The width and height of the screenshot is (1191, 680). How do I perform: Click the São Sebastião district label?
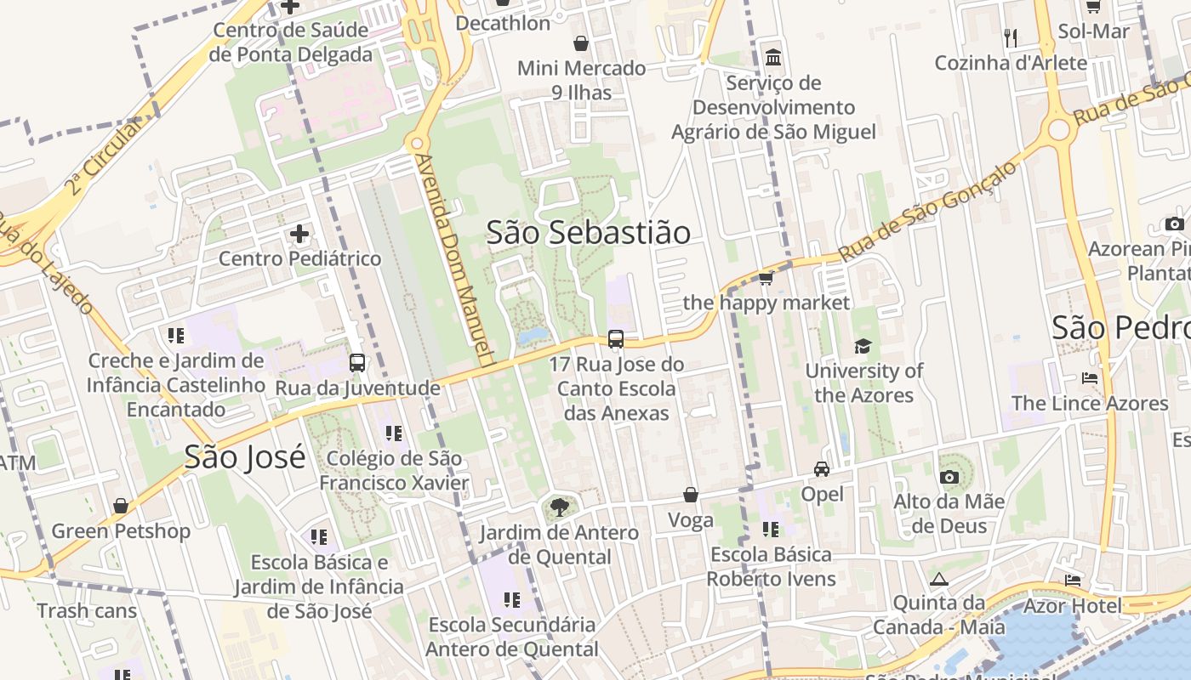coord(588,232)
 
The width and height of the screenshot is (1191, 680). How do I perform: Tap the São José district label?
coord(244,457)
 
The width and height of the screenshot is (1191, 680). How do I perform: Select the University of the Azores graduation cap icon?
coord(863,346)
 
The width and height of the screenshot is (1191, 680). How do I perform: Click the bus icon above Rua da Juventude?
coord(357,363)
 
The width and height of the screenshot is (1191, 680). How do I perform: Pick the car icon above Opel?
coord(822,468)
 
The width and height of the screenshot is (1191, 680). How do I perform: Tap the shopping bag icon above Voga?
coord(691,495)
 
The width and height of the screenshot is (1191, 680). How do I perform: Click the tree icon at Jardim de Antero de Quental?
coord(559,508)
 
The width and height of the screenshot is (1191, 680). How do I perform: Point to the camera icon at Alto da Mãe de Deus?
coord(949,477)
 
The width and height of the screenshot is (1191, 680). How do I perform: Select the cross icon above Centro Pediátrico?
coord(299,233)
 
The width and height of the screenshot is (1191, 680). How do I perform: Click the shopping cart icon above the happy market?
coord(766,278)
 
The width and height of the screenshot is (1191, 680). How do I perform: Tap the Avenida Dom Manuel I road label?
coord(456,259)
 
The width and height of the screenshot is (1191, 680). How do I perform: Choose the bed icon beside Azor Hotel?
coord(1073,580)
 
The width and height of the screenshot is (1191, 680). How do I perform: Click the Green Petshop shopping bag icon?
coord(121,507)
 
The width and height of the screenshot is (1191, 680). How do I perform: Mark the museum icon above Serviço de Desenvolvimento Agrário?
coord(773,58)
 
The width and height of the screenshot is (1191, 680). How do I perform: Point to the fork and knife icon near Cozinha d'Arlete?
coord(1011,37)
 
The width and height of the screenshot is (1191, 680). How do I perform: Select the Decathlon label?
coord(503,23)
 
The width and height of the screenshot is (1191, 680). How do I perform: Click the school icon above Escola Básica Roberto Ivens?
coord(771,530)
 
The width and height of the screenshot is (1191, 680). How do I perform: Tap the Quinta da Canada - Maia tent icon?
coord(939,579)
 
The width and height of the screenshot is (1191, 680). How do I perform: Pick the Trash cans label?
coord(87,610)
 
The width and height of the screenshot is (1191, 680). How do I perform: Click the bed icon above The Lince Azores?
coord(1090,377)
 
